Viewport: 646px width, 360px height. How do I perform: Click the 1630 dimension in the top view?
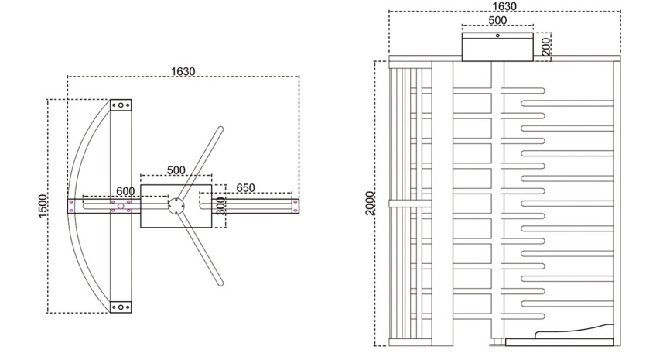[x=183, y=71]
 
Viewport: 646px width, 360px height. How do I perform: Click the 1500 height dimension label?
[x=43, y=206]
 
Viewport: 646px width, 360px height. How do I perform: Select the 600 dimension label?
[x=125, y=191]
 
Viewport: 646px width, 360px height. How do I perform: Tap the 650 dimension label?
[x=245, y=187]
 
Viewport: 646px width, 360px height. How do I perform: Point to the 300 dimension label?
[x=220, y=206]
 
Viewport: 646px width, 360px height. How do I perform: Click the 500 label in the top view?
[x=176, y=170]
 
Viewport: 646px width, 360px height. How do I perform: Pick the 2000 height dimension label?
[x=370, y=204]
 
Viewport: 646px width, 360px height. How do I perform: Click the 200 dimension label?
[x=546, y=46]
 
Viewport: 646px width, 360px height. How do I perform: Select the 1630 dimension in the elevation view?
[x=504, y=6]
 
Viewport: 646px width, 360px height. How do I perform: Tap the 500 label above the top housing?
[x=497, y=20]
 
